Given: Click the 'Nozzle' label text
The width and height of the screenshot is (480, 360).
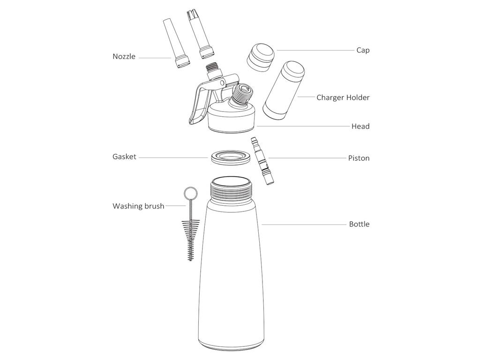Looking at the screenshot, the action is [124, 56].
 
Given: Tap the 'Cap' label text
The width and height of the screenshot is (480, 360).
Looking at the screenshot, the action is [363, 50].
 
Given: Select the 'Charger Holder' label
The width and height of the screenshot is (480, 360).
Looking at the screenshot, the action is [343, 97].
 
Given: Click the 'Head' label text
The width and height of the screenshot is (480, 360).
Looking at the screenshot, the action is [360, 126].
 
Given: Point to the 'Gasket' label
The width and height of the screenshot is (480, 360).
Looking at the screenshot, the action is [124, 157].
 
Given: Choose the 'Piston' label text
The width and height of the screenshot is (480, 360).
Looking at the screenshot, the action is [359, 158].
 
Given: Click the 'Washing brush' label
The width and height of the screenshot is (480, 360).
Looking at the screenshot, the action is [138, 206].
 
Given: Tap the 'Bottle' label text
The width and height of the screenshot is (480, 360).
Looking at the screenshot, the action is [360, 224].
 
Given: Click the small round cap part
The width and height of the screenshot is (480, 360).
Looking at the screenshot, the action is [261, 58].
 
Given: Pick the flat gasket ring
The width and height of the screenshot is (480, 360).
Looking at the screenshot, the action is [231, 157].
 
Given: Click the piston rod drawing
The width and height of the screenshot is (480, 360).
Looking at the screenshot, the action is [262, 162].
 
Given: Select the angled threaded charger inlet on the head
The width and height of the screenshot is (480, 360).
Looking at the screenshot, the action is [242, 96].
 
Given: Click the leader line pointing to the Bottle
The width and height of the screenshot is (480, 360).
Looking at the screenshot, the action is [304, 225].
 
